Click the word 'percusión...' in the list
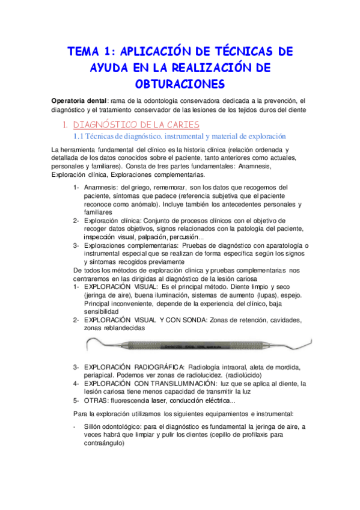pos(191,238)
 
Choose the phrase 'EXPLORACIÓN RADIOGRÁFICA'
pos(135,367)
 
